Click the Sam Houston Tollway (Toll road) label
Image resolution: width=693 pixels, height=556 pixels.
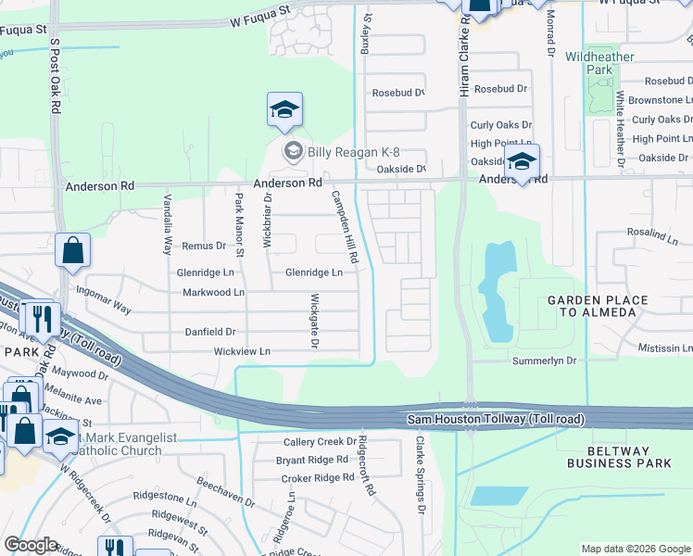[497, 421]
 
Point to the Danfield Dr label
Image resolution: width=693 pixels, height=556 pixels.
[211, 332]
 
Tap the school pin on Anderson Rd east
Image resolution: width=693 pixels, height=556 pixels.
[522, 162]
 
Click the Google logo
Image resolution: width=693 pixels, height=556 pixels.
[31, 545]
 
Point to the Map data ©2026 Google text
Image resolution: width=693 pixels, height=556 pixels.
[636, 549]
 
